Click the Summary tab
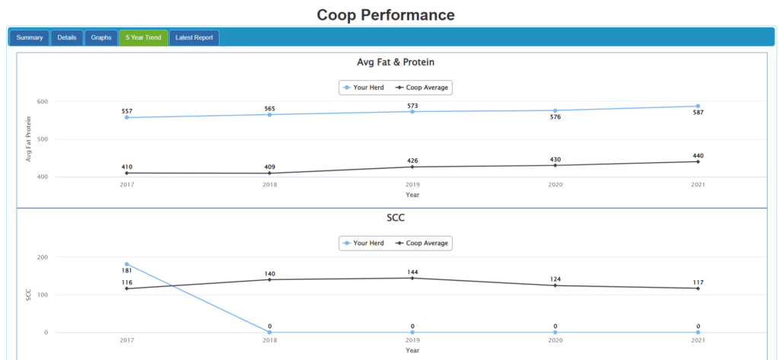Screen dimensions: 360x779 point(29,37)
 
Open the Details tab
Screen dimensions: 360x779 point(67,37)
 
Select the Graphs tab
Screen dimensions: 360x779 point(101,37)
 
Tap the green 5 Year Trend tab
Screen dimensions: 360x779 point(143,37)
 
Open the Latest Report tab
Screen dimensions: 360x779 point(194,37)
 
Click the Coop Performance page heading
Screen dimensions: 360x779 point(386,14)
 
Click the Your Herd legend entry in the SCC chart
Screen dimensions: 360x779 point(364,244)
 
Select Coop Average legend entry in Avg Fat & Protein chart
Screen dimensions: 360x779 point(422,88)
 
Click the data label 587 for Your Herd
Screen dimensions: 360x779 point(698,113)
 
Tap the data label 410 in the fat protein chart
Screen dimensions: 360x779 point(126,167)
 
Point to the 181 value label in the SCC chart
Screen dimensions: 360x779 point(126,270)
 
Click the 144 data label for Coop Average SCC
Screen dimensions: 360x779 point(412,272)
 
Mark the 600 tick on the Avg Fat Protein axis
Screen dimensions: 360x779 point(42,101)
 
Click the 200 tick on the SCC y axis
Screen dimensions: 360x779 point(42,257)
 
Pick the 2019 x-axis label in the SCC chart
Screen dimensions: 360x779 point(412,340)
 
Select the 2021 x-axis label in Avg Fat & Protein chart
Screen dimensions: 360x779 point(698,185)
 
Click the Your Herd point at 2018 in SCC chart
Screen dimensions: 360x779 point(269,332)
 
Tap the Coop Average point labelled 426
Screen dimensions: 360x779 point(412,167)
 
